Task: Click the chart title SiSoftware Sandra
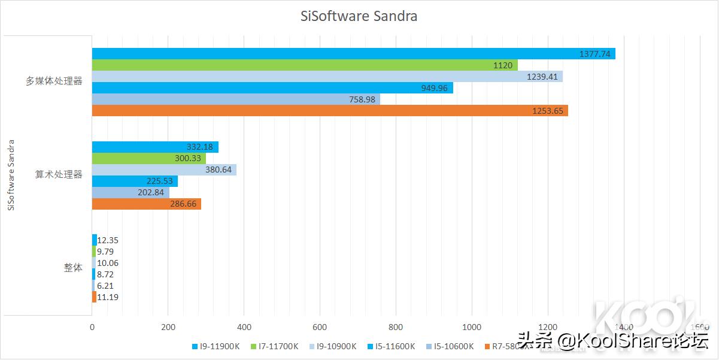tap(359, 16)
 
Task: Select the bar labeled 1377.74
tap(353, 54)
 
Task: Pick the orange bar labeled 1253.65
tap(329, 111)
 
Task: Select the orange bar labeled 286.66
tap(146, 204)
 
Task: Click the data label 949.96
tap(433, 88)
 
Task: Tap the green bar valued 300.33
tap(148, 158)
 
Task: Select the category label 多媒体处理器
tap(54, 81)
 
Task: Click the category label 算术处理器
tap(59, 175)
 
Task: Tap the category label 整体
tap(73, 268)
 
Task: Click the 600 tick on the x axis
tap(320, 327)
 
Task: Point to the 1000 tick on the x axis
tap(472, 327)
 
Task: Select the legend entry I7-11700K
tap(277, 346)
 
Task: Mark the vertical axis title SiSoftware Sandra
tap(10, 175)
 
